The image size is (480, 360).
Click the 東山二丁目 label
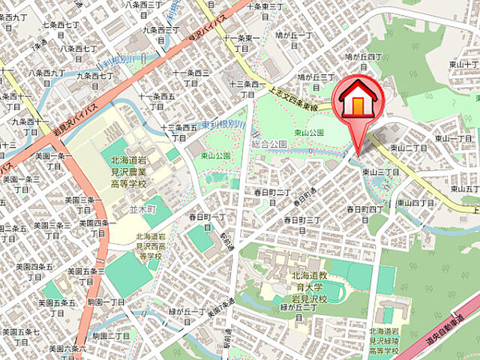[x=408, y=148]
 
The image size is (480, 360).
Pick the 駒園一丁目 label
[x=104, y=301]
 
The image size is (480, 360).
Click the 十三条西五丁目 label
[x=178, y=132]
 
